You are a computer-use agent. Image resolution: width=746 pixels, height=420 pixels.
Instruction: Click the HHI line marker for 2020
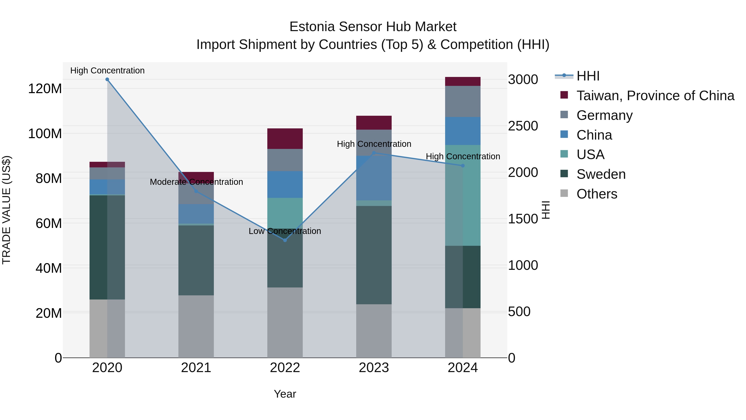107,79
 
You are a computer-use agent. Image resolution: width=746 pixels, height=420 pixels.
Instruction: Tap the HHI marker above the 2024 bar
463,166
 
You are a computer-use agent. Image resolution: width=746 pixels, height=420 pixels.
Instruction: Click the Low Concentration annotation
285,231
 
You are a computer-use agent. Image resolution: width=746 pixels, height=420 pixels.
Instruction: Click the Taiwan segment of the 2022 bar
285,139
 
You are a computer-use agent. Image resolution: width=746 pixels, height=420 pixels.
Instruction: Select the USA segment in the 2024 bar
463,195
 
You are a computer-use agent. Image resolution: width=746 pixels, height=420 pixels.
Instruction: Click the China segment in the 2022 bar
285,184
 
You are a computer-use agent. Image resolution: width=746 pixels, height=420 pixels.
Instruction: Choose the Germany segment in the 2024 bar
463,101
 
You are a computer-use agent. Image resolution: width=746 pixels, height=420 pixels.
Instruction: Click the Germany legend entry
604,115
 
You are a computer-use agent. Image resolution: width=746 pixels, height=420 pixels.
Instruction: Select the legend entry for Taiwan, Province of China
655,96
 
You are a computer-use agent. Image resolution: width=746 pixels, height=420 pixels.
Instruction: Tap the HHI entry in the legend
588,76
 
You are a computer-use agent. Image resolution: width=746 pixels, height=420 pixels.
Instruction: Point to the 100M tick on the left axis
45,134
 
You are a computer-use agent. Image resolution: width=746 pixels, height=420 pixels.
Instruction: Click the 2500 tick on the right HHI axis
523,126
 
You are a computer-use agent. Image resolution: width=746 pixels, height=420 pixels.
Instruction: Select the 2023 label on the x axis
374,368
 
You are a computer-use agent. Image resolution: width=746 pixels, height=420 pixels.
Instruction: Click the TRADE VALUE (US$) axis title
7,210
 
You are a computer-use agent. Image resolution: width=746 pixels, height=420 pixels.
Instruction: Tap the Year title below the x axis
285,394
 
